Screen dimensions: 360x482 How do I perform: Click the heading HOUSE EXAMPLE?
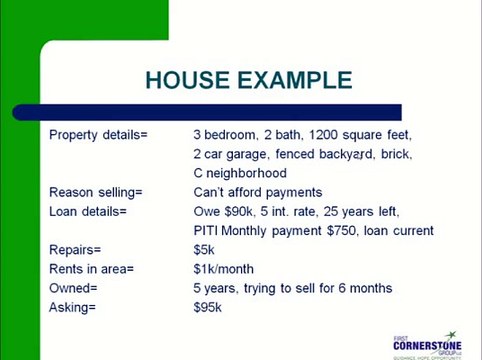tap(248, 80)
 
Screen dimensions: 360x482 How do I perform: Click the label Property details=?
tap(98, 134)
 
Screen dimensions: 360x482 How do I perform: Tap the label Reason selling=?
tap(96, 192)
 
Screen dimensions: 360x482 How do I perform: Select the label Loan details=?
tap(88, 211)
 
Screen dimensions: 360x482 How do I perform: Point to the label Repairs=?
tap(75, 250)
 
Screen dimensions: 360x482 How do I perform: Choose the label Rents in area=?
tap(91, 269)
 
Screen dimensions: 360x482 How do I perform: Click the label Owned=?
tap(73, 288)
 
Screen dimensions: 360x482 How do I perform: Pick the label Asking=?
tap(72, 307)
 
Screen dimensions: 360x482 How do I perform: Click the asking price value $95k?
tap(208, 307)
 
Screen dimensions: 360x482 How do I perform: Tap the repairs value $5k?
tap(204, 250)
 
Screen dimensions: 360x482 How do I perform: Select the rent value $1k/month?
tap(224, 269)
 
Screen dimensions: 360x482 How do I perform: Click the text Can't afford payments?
tap(258, 192)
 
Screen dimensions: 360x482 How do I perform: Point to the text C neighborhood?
tap(240, 173)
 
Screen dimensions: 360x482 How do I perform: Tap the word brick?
tap(395, 154)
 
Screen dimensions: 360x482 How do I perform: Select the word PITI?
tap(207, 231)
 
